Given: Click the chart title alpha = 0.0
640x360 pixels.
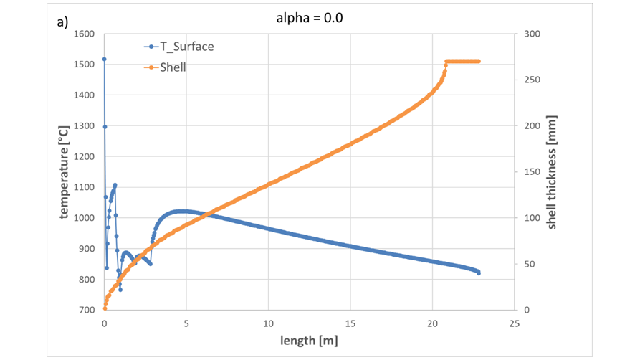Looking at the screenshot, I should [310, 18].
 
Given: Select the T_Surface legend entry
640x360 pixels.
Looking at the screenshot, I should [186, 47].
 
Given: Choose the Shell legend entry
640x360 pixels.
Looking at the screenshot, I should [173, 67].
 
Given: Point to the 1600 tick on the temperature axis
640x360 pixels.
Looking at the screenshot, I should [85, 34].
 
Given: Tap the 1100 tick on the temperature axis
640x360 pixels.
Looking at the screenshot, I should [85, 187].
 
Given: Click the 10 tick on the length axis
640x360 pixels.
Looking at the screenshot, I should [268, 323].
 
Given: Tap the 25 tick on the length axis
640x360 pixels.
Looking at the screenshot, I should [514, 323].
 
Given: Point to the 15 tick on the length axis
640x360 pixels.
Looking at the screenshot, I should [350, 323].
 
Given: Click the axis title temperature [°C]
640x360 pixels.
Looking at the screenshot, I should [65, 172].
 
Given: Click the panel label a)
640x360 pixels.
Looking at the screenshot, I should [63, 22].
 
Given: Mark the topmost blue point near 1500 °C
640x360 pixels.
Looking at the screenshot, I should [104, 60].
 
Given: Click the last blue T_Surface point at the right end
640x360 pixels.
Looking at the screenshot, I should [478, 273].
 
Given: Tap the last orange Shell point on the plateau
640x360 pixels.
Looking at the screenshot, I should [478, 62].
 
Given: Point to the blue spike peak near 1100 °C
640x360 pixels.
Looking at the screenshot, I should [115, 185].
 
